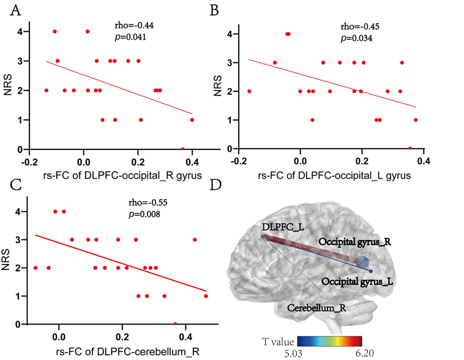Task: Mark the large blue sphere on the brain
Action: pyautogui.click(x=362, y=262)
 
